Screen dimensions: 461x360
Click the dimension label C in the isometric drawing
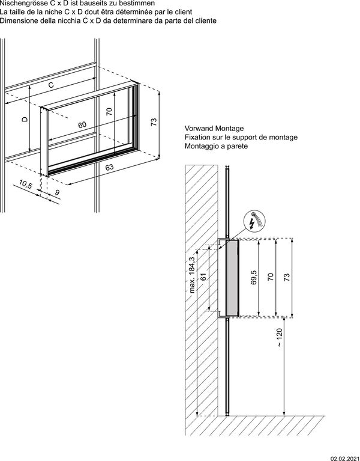click(51, 85)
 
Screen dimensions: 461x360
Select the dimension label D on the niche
click(25, 119)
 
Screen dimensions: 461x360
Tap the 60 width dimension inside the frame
click(82, 124)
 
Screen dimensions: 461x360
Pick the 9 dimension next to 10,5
click(57, 192)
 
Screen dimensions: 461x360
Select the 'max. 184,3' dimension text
click(192, 274)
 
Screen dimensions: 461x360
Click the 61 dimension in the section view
click(204, 278)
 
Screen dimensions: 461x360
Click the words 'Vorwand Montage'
click(214, 129)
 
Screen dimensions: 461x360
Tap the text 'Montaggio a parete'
click(216, 146)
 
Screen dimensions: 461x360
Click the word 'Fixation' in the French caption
click(199, 138)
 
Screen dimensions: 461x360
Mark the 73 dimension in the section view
click(287, 277)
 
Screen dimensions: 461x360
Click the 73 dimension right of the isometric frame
click(154, 122)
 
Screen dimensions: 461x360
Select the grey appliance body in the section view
click(230, 277)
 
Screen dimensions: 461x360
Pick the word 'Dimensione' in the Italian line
click(19, 21)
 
